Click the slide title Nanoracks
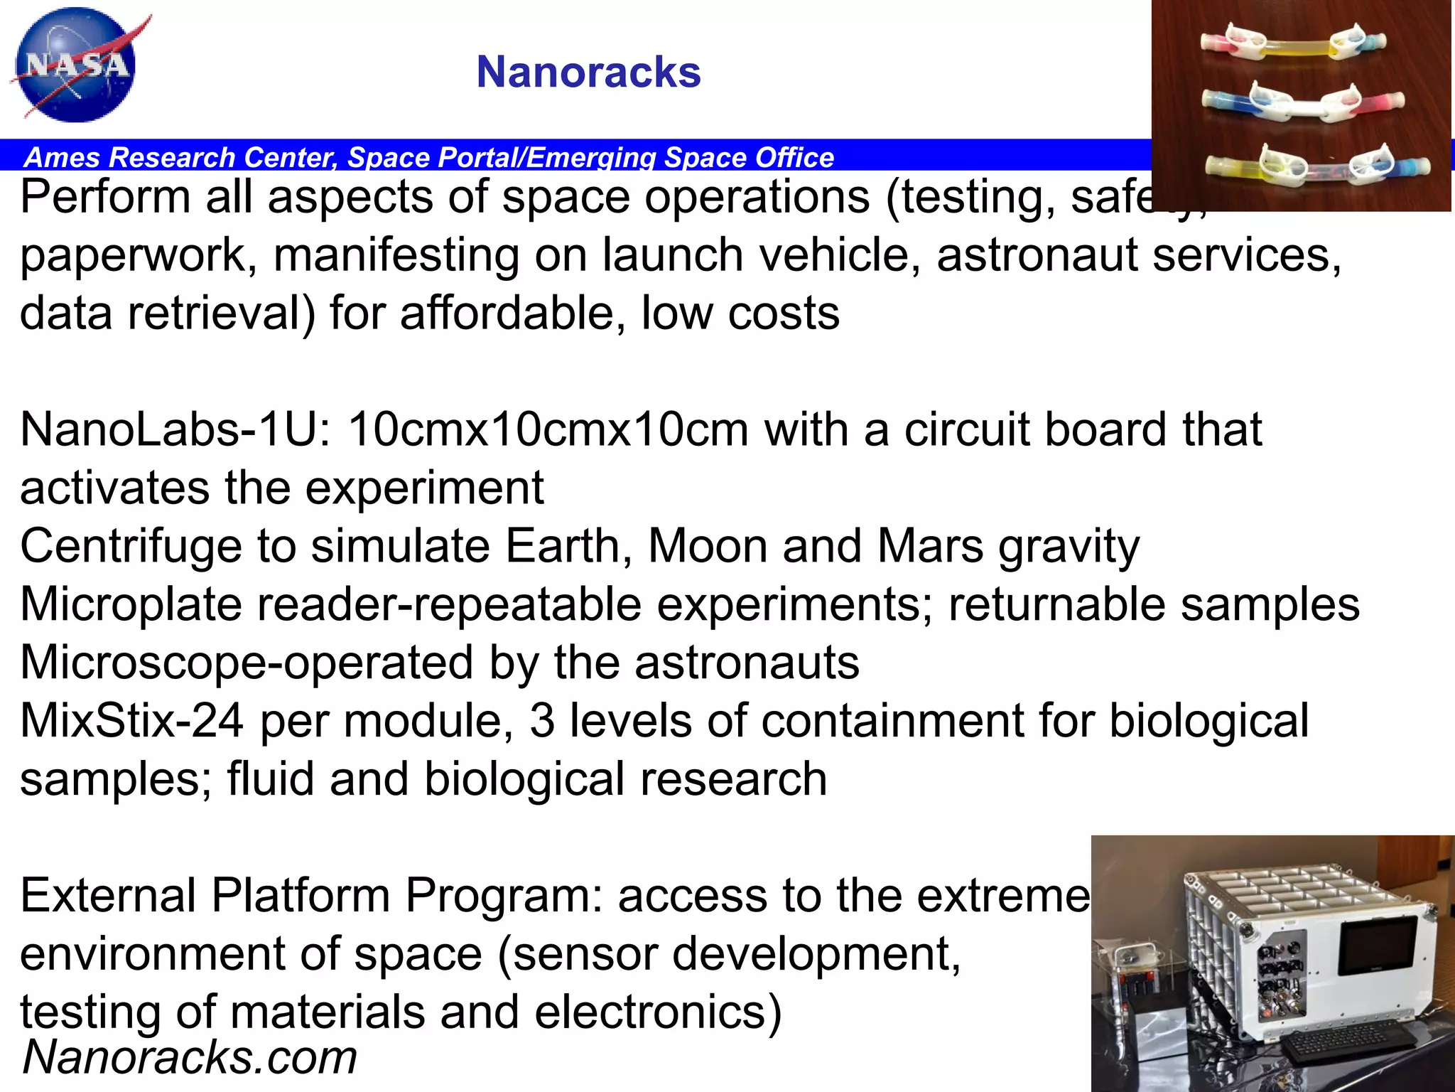pyautogui.click(x=588, y=73)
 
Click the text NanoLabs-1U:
pyautogui.click(x=175, y=430)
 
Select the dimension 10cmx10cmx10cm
pyautogui.click(x=548, y=430)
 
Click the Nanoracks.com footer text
pyautogui.click(x=190, y=1058)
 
